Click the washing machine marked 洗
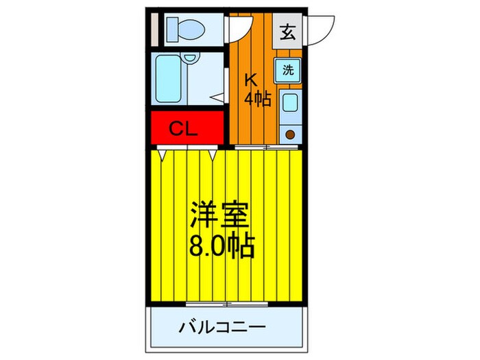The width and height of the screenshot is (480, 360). pos(289,69)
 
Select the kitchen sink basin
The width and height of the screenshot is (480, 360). pos(289,104)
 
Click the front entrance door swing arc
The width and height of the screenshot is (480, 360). pos(320,27)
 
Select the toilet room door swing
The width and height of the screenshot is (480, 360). pos(239,27)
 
